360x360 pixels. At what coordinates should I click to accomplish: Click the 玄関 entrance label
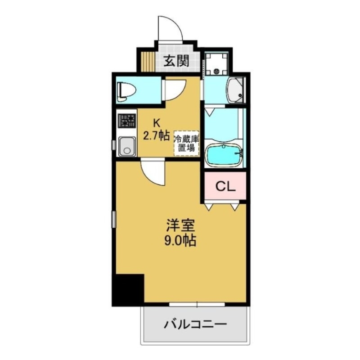[175, 62]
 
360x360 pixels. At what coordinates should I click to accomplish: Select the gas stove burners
[127, 121]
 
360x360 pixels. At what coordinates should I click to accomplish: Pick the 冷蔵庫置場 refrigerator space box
[187, 144]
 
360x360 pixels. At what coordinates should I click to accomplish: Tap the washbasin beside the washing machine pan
[235, 90]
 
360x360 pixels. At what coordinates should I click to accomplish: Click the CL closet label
[225, 186]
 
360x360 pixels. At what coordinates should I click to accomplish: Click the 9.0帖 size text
[179, 241]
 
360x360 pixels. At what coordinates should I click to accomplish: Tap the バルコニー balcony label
[195, 324]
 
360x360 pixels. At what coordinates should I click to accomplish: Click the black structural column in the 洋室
[128, 288]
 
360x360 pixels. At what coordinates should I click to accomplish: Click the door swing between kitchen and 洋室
[153, 171]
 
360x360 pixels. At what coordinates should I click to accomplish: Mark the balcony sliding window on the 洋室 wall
[197, 305]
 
